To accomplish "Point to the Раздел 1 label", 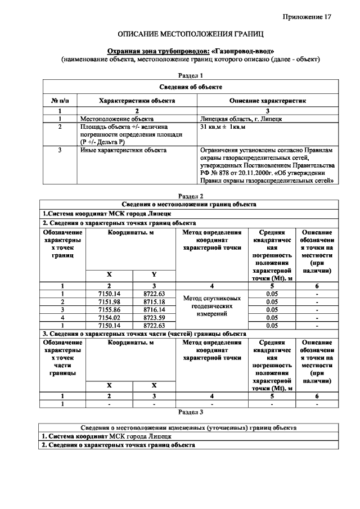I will [190, 75].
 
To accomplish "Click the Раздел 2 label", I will [190, 196].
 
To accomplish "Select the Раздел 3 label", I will [190, 412].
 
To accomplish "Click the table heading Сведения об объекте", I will [190, 87].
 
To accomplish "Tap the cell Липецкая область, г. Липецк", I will [241, 119].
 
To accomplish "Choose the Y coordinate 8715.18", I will [154, 302].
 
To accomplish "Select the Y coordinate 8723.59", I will [154, 317].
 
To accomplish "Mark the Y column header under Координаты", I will [154, 274].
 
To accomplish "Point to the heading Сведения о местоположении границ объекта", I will [190, 204].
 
